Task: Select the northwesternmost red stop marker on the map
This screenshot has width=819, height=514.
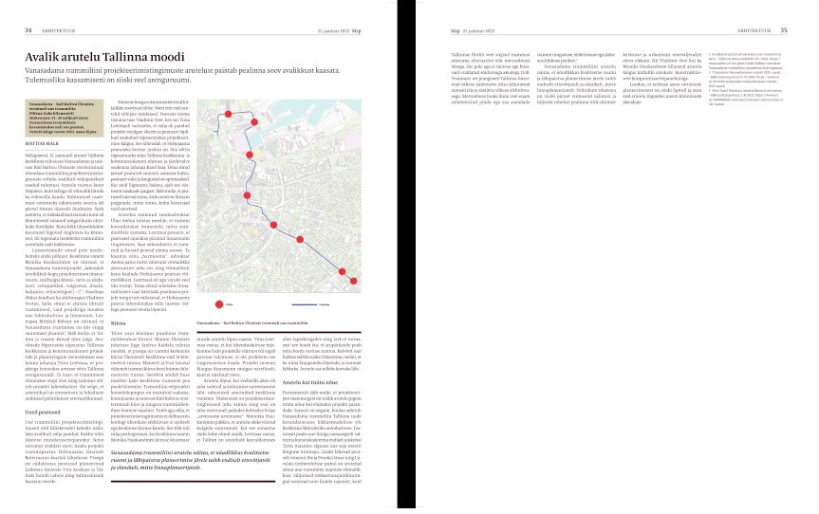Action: click(229, 112)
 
